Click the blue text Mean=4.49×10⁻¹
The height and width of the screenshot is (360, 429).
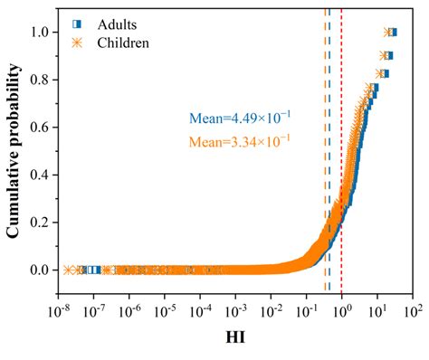[x=240, y=118]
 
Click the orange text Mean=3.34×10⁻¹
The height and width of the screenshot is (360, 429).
[x=240, y=140]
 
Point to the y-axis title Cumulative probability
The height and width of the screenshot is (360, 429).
[x=15, y=154]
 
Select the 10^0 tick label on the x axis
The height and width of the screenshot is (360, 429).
[x=342, y=312]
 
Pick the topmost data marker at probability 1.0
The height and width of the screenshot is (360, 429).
[x=389, y=32]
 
